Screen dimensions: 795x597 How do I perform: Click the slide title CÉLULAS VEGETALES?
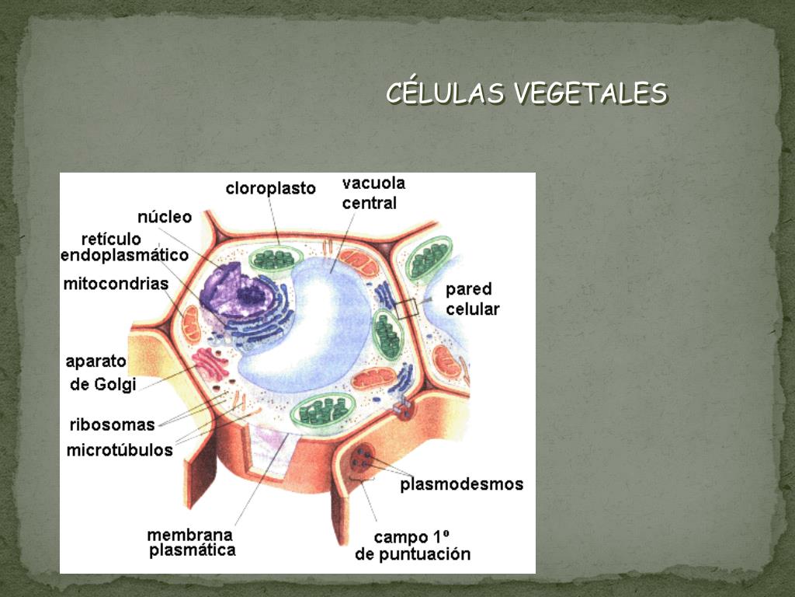click(x=526, y=93)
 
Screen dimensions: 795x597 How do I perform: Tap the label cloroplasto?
click(x=270, y=188)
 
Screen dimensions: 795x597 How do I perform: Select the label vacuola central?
click(x=373, y=193)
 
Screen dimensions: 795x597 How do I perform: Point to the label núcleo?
click(x=164, y=217)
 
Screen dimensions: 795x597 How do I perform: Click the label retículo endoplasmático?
click(x=124, y=246)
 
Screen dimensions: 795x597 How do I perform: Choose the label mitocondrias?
click(x=116, y=284)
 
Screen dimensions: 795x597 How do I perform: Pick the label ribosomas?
click(x=112, y=424)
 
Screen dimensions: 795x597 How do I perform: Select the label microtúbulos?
click(x=120, y=450)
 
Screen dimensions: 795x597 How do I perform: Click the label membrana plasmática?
click(x=190, y=543)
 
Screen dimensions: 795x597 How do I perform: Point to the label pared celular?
click(x=472, y=298)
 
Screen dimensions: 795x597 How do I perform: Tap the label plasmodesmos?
click(x=461, y=484)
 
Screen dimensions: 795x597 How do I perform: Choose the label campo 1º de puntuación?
click(x=412, y=545)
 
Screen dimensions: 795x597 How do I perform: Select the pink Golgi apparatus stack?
click(x=211, y=363)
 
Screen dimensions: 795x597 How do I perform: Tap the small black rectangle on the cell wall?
click(x=406, y=308)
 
